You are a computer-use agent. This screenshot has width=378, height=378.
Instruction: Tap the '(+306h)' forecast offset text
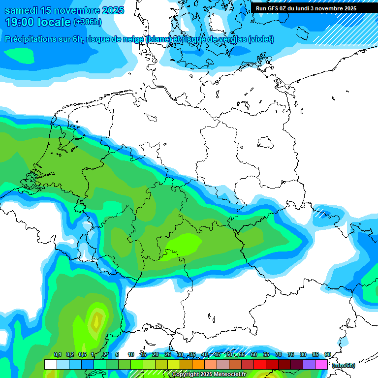point(88,22)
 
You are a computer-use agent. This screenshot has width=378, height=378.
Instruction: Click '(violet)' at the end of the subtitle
point(261,39)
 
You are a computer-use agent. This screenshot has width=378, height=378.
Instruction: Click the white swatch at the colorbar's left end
point(50,365)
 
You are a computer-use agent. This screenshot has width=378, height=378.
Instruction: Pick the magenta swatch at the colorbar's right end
point(321,365)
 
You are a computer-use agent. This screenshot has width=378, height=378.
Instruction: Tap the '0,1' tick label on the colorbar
point(57,355)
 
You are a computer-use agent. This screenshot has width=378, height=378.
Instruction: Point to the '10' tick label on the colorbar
point(131,355)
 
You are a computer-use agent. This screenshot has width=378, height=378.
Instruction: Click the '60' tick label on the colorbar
point(254,355)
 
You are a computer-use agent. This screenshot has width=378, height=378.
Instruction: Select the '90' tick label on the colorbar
point(328,355)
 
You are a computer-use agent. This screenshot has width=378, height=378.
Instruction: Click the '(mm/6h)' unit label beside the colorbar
point(343,365)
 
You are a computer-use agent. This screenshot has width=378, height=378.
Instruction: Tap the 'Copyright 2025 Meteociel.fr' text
point(209,375)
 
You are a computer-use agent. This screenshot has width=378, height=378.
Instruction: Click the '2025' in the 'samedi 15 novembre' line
point(112,10)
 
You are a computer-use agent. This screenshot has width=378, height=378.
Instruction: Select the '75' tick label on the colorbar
point(291,355)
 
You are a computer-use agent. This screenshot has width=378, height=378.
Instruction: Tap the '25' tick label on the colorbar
point(168,355)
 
